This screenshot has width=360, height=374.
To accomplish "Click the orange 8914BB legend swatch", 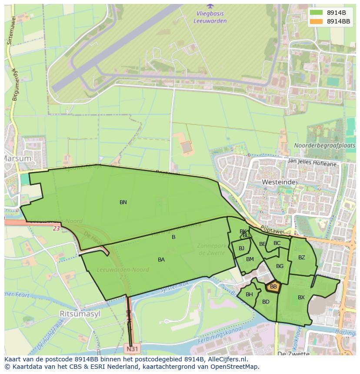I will click(317, 21).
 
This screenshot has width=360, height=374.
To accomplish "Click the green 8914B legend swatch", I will click(317, 13).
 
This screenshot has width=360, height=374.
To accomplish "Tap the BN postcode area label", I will click(123, 202).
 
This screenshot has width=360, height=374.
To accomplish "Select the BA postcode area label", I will click(161, 260).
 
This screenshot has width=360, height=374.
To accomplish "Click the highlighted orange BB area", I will click(273, 287).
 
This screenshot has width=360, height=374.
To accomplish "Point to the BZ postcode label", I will click(302, 258).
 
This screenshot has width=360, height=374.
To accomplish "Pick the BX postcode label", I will click(301, 298).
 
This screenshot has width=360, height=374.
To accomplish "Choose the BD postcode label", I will click(266, 302).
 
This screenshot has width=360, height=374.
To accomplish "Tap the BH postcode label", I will click(249, 295).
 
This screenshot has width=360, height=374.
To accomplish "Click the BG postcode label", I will click(280, 266).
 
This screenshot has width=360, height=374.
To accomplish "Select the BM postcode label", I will click(250, 259).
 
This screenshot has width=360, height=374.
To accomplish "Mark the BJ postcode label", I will click(241, 248).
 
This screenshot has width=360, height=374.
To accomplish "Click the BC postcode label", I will click(277, 243).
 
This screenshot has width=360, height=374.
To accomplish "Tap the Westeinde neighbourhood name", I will click(279, 182).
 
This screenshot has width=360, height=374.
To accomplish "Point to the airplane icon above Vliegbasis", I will click(210, 6).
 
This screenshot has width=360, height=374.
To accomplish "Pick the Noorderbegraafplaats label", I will click(324, 146).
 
